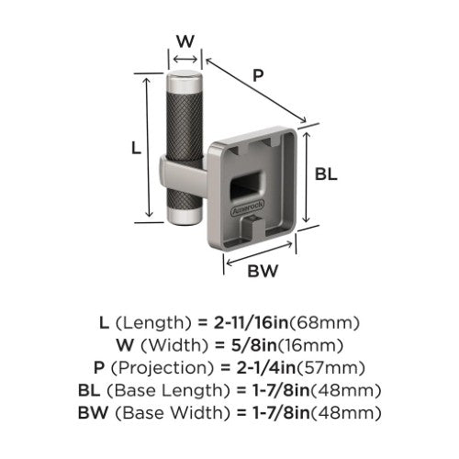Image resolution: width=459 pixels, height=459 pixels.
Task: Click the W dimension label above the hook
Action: (x=185, y=41)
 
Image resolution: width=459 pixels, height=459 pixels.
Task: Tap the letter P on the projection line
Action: (x=258, y=75)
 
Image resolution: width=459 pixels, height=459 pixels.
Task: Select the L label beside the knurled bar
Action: (x=136, y=149)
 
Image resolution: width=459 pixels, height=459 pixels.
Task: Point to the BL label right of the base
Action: (x=326, y=174)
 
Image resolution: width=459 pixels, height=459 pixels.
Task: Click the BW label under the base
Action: (x=263, y=271)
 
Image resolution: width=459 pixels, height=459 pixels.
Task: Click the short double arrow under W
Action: (x=185, y=59)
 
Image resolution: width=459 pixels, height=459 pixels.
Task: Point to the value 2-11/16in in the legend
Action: (x=251, y=323)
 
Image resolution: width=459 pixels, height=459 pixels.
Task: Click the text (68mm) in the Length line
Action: (x=324, y=323)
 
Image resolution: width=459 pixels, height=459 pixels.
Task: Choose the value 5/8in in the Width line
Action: (x=253, y=345)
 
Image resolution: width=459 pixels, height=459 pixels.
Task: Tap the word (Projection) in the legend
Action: (x=162, y=368)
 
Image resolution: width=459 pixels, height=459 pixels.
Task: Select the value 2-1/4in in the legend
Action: (x=266, y=368)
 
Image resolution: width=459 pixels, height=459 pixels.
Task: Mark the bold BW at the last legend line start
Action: (x=93, y=413)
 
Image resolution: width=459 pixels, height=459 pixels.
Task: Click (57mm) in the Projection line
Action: (x=330, y=368)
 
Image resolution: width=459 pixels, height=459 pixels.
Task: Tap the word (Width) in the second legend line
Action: (x=174, y=345)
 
